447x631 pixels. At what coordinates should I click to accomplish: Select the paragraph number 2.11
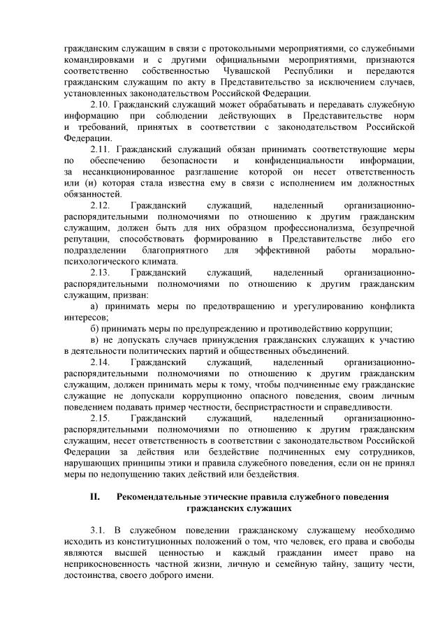coord(101,149)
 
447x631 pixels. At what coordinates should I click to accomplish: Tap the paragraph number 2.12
coord(101,206)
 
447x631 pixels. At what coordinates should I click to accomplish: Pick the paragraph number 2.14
coord(101,362)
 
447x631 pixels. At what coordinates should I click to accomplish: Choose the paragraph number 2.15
coord(101,417)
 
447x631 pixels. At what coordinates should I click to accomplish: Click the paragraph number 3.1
coord(98,529)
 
